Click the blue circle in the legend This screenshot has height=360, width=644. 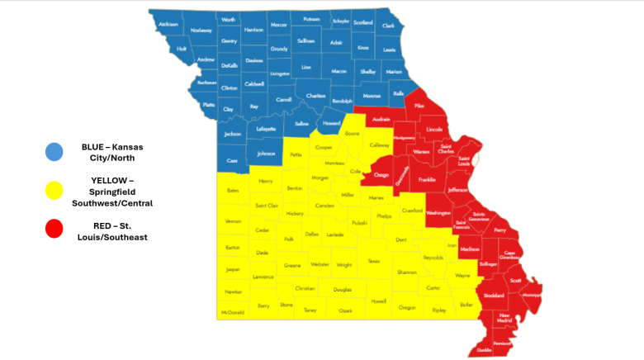coord(54,151)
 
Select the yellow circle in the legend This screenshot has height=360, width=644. coord(54,191)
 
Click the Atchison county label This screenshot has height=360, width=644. coord(168,24)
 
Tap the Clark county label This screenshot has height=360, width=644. coord(388,26)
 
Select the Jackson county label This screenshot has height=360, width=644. coord(233,134)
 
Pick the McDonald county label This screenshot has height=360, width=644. coord(232,313)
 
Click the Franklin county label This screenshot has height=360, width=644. coord(427,179)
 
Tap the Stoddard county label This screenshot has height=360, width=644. coord(494,295)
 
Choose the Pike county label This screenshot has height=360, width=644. coord(419,107)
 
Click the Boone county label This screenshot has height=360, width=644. coord(353,133)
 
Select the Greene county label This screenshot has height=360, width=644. coord(292,265)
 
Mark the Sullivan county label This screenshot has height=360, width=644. coord(305,40)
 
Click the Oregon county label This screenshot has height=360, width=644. coord(407,307)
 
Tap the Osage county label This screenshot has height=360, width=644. coord(381,175)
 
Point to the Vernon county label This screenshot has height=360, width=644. coord(233,221)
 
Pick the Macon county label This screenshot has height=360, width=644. coord(339,71)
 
